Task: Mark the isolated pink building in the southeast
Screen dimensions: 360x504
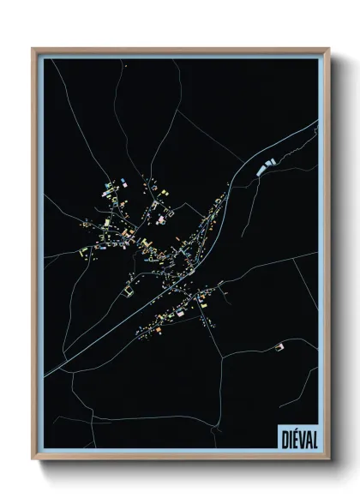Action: (x=277, y=347)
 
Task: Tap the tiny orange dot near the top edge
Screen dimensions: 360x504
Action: (x=124, y=65)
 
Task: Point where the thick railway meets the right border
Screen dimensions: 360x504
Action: (x=316, y=122)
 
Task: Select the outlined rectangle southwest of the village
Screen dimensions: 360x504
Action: (x=129, y=292)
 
